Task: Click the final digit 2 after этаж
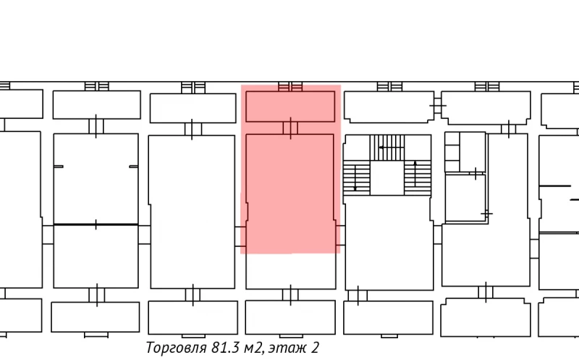click(315, 348)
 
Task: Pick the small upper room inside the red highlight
click(289, 106)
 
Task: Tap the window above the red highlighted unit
click(290, 87)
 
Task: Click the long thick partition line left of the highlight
click(96, 225)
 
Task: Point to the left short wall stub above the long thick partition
click(59, 167)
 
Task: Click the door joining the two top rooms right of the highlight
click(437, 106)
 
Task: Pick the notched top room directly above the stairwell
click(388, 107)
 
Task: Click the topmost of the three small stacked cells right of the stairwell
click(451, 140)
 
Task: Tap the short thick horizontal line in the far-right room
click(555, 187)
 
